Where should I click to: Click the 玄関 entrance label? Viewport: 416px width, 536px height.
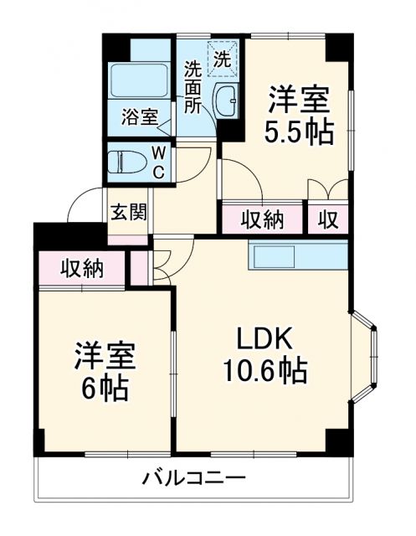pyautogui.click(x=128, y=210)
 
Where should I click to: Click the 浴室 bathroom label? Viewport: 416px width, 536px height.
pyautogui.click(x=139, y=116)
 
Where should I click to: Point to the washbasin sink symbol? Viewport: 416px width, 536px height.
pyautogui.click(x=226, y=100)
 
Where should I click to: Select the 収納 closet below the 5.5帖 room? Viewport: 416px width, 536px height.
pyautogui.click(x=263, y=219)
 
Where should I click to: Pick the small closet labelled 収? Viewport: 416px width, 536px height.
pyautogui.click(x=328, y=219)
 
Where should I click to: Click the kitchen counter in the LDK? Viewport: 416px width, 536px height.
pyautogui.click(x=297, y=255)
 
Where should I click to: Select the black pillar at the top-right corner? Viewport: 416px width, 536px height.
pyautogui.click(x=338, y=47)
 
